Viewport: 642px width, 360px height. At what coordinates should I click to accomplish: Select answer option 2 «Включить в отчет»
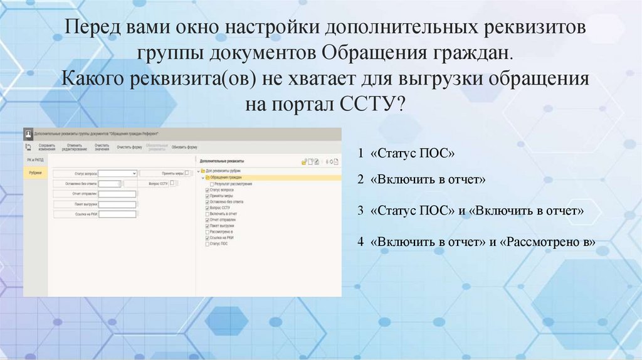(422, 179)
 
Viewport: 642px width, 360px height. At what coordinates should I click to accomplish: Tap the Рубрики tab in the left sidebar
(35, 172)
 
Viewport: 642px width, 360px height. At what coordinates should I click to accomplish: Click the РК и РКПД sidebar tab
(35, 161)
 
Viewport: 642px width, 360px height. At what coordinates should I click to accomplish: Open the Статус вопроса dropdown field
(117, 173)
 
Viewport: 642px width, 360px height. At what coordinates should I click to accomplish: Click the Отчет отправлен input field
(117, 194)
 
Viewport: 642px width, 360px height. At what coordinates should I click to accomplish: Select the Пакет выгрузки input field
(117, 204)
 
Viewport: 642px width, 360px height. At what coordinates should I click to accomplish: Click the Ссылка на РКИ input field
(117, 214)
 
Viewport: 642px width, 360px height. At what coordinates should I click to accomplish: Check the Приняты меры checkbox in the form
(187, 173)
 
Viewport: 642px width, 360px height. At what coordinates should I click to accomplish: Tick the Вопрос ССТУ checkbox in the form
(172, 183)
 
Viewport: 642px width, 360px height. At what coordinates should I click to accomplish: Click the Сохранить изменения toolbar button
(46, 147)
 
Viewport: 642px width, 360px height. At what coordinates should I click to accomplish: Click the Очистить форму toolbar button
(129, 147)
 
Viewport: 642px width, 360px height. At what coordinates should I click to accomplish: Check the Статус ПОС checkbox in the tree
(208, 243)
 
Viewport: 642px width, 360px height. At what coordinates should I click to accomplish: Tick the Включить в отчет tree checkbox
(208, 214)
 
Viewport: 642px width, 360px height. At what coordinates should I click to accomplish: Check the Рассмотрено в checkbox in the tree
(208, 231)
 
